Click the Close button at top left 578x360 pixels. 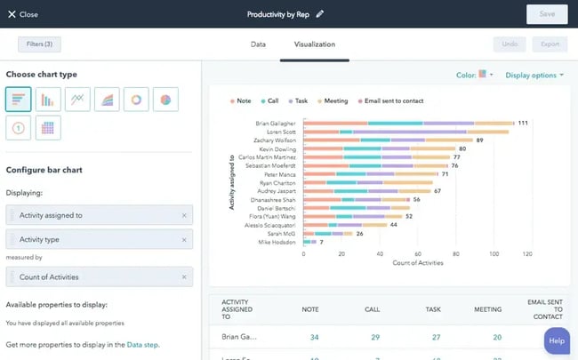coord(23,14)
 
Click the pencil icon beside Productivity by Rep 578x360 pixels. coord(320,14)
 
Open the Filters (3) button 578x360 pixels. coord(39,44)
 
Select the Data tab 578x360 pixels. coord(258,44)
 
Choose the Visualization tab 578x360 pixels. coord(314,44)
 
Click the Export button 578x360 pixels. coord(549,44)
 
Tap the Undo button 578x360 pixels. coord(510,44)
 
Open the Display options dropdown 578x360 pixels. coord(534,76)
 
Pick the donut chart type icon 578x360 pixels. coord(136,100)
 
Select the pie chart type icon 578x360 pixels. coord(165,100)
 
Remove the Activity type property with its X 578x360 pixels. coord(184,239)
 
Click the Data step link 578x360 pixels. coord(143,344)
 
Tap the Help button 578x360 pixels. coord(557,340)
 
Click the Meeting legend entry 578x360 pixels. coord(334,101)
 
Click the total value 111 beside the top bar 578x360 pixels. coord(523,123)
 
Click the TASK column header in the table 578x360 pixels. coord(433,310)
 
